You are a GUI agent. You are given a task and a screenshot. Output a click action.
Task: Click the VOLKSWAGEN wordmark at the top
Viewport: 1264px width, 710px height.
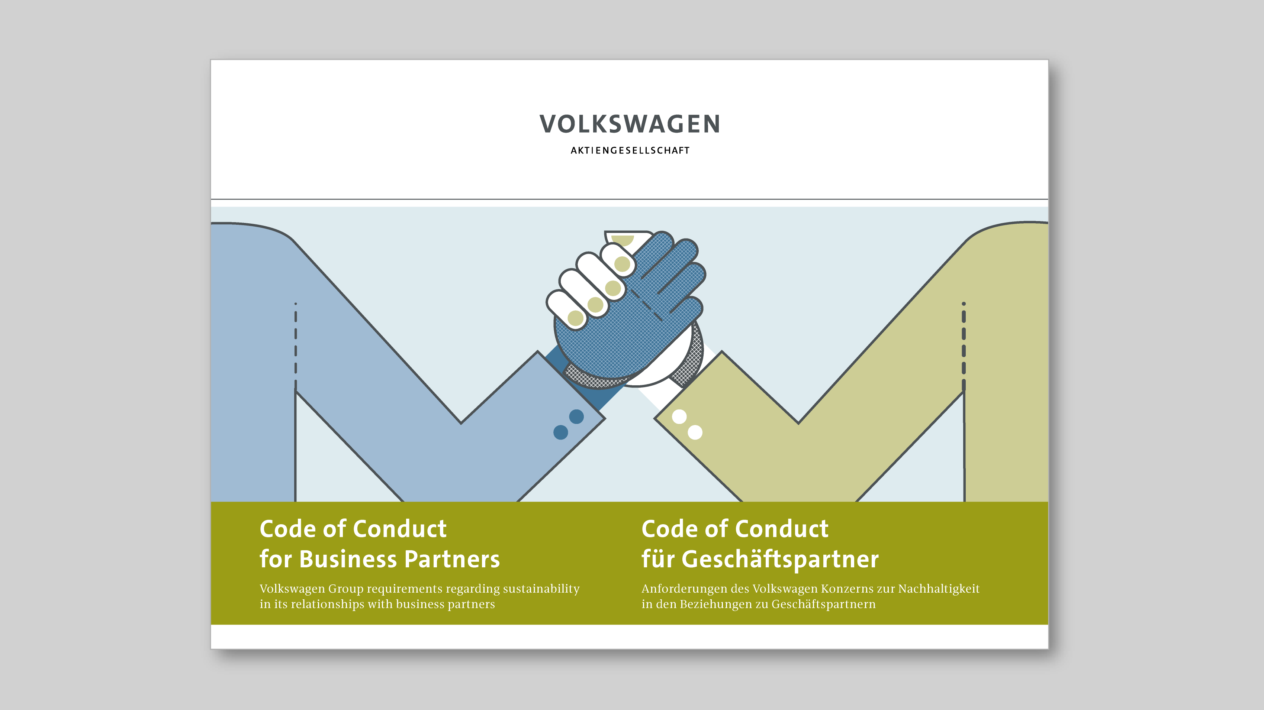(630, 124)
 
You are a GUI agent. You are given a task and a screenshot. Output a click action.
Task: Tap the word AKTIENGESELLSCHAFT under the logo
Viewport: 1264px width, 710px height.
(630, 150)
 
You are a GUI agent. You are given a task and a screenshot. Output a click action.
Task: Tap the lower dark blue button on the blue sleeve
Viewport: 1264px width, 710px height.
(561, 432)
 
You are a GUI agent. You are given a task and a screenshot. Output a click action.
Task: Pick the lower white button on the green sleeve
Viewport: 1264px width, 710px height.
(695, 432)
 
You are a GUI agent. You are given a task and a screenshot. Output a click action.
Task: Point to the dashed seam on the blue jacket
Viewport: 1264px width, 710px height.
(295, 346)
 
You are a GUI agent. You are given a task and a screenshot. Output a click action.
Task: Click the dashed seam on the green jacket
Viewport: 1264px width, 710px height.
(964, 346)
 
